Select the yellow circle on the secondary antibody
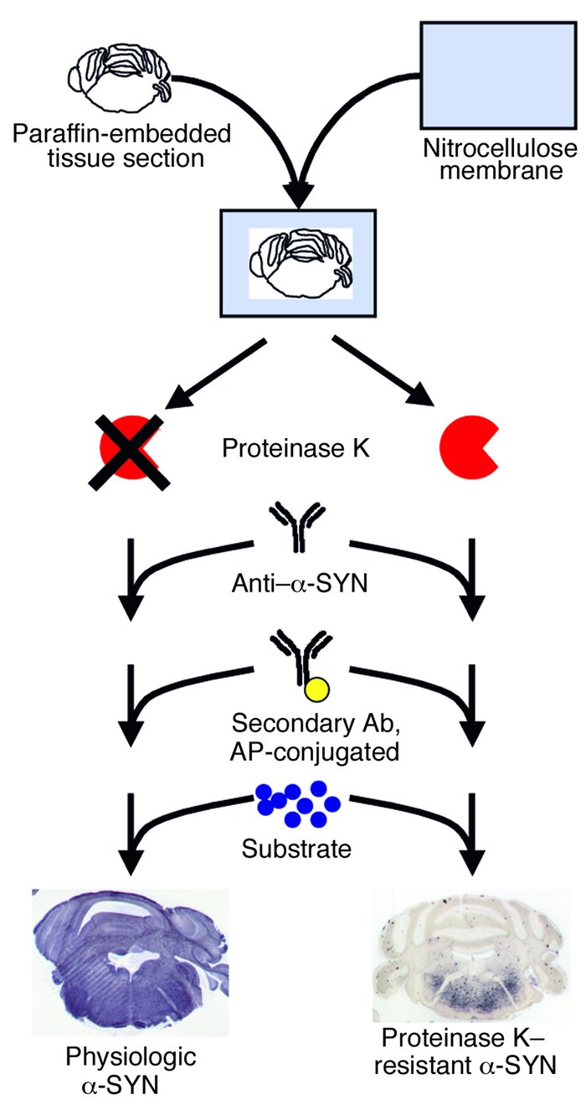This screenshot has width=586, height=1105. click(316, 689)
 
